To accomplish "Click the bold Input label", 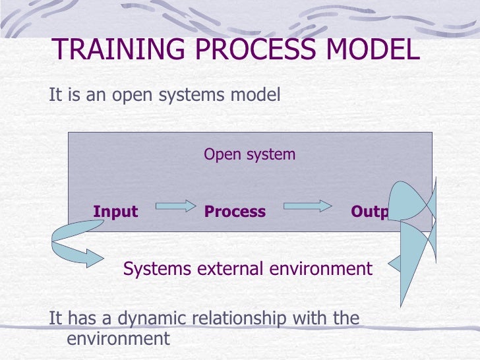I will click(116, 212).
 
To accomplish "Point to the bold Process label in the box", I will click(235, 212).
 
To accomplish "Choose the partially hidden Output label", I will click(370, 212).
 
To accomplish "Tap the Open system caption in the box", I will click(249, 154).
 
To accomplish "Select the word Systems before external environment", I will click(156, 269).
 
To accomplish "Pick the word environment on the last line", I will click(119, 339).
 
